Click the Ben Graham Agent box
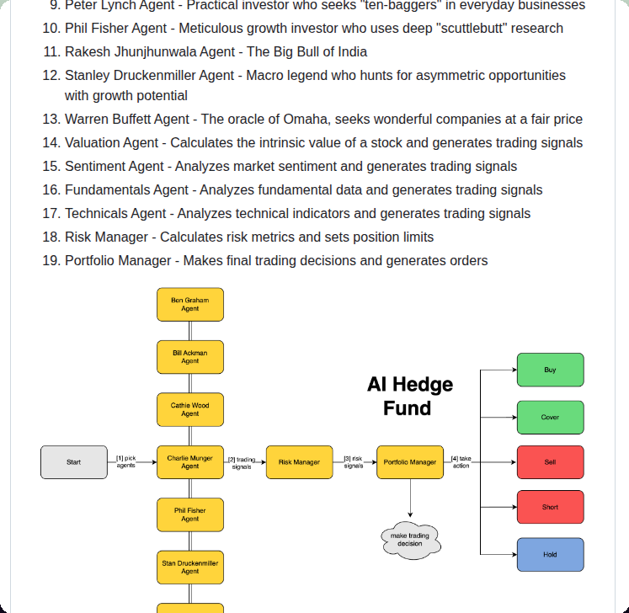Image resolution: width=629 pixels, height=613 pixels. [x=190, y=305]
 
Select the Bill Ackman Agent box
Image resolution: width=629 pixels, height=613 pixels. [x=190, y=357]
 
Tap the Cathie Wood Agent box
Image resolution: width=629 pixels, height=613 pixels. [x=190, y=409]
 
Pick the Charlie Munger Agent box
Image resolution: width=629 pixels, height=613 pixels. [x=190, y=462]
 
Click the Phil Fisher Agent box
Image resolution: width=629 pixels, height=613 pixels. [x=190, y=514]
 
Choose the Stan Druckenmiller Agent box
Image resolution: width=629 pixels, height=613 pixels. [x=190, y=567]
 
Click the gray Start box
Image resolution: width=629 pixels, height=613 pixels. [x=74, y=462]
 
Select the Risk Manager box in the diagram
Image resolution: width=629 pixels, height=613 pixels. [x=299, y=462]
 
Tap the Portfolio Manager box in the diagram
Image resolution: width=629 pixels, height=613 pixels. [x=410, y=462]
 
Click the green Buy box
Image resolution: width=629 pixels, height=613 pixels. [x=550, y=370]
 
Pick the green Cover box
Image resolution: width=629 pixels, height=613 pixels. [x=550, y=418]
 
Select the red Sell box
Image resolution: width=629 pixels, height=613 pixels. [x=550, y=462]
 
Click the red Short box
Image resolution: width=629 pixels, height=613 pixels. [x=550, y=507]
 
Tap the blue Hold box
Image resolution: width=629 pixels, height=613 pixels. [x=550, y=555]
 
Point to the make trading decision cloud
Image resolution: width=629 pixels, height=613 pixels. [x=410, y=540]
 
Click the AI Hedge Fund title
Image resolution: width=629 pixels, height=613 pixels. [x=409, y=397]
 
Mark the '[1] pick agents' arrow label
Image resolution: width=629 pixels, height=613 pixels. [x=125, y=461]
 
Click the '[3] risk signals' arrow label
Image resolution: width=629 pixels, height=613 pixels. [x=353, y=461]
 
